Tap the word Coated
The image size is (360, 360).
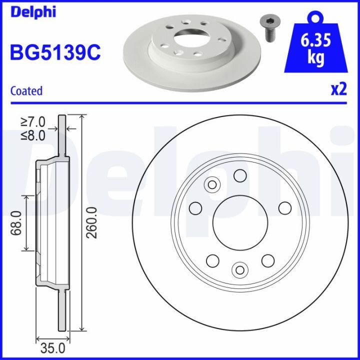pos(26,91)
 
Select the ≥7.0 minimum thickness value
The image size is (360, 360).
pos(32,121)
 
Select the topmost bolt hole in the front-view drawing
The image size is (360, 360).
pos(240,175)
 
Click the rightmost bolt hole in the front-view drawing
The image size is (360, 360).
pos(285,208)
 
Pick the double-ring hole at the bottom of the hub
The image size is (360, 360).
pos(240,269)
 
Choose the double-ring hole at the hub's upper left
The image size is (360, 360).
pos(212,185)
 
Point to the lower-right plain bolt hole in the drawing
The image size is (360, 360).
pos(268,260)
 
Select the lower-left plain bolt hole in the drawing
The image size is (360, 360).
pos(212,260)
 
